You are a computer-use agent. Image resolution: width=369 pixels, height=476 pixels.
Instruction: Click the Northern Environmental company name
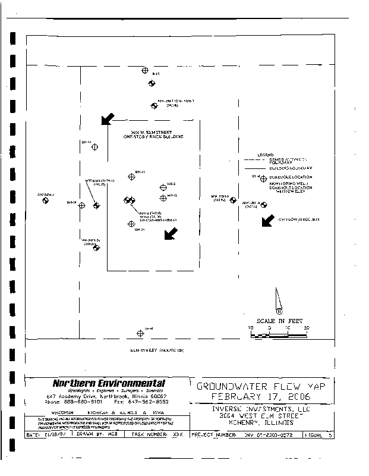point(109,383)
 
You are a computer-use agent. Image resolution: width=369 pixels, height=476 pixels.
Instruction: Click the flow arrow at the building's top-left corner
point(108,119)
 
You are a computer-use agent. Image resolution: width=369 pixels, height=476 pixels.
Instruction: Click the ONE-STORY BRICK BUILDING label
point(153,137)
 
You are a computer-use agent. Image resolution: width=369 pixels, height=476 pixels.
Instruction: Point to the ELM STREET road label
point(157,350)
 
